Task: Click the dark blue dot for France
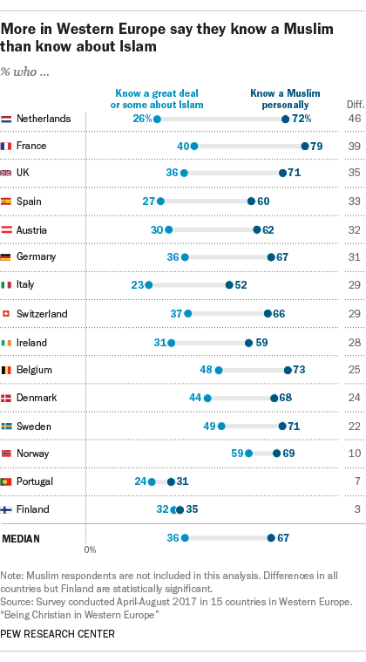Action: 305,146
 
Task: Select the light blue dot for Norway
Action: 249,453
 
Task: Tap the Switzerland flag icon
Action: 7,313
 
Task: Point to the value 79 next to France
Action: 317,146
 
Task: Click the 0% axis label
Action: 90,550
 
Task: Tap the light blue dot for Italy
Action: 149,285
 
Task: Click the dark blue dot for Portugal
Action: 171,481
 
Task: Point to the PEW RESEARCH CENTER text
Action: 58,634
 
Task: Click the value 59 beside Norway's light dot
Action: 236,453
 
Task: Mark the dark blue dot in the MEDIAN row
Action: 271,537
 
